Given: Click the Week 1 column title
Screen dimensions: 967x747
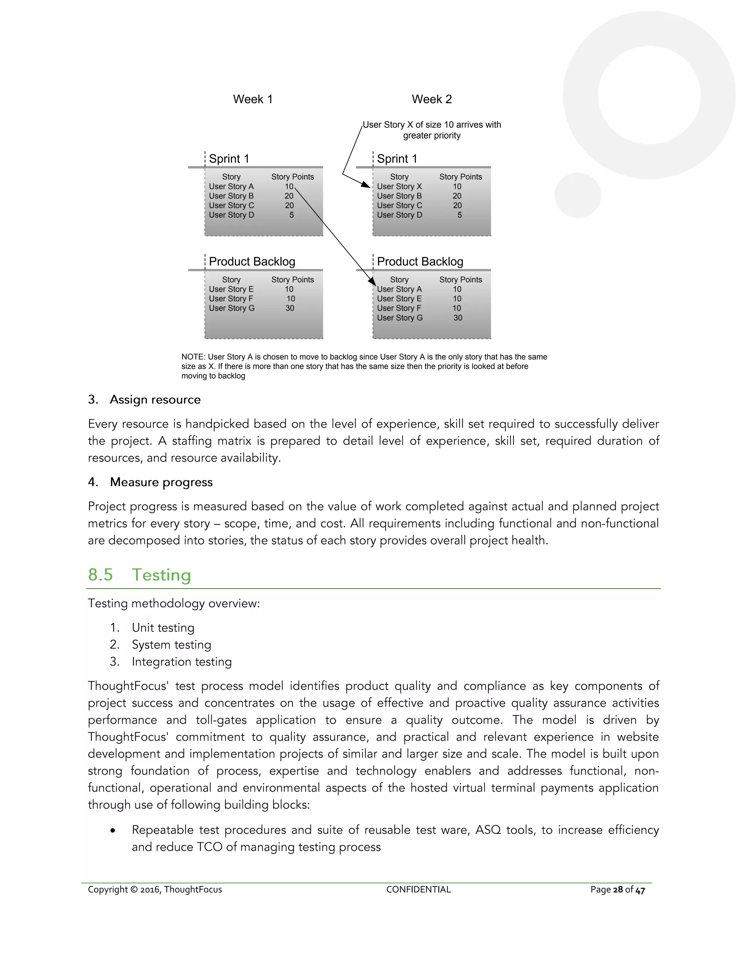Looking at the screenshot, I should click(x=253, y=99).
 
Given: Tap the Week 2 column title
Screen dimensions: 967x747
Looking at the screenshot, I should click(x=431, y=99).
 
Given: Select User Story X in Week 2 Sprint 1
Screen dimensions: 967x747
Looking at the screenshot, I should click(x=399, y=186).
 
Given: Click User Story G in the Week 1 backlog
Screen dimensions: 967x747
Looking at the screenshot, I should click(x=232, y=308).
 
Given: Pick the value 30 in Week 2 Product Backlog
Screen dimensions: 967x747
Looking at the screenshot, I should click(x=458, y=318).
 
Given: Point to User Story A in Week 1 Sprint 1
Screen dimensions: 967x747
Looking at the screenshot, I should click(x=231, y=186).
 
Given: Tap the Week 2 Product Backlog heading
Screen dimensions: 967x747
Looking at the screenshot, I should click(x=420, y=262).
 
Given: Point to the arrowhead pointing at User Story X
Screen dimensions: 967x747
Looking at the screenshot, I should click(x=367, y=185).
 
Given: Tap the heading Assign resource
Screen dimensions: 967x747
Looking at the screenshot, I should click(x=155, y=400).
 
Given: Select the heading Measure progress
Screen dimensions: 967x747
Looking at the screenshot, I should click(x=161, y=482).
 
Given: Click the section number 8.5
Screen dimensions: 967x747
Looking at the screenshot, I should click(x=100, y=575).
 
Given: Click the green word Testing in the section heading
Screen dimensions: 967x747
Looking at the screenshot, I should click(x=162, y=575).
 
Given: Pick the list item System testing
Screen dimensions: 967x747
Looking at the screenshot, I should click(x=171, y=645).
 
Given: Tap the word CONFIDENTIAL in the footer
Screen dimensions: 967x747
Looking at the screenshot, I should click(x=418, y=890).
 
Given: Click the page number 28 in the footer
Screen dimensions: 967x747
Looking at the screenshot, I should click(x=618, y=890).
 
